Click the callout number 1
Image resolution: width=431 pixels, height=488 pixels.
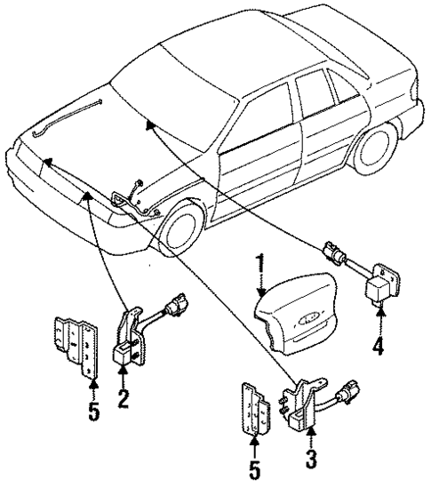[x=260, y=264]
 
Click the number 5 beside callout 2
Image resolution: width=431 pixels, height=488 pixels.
[x=93, y=412]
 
